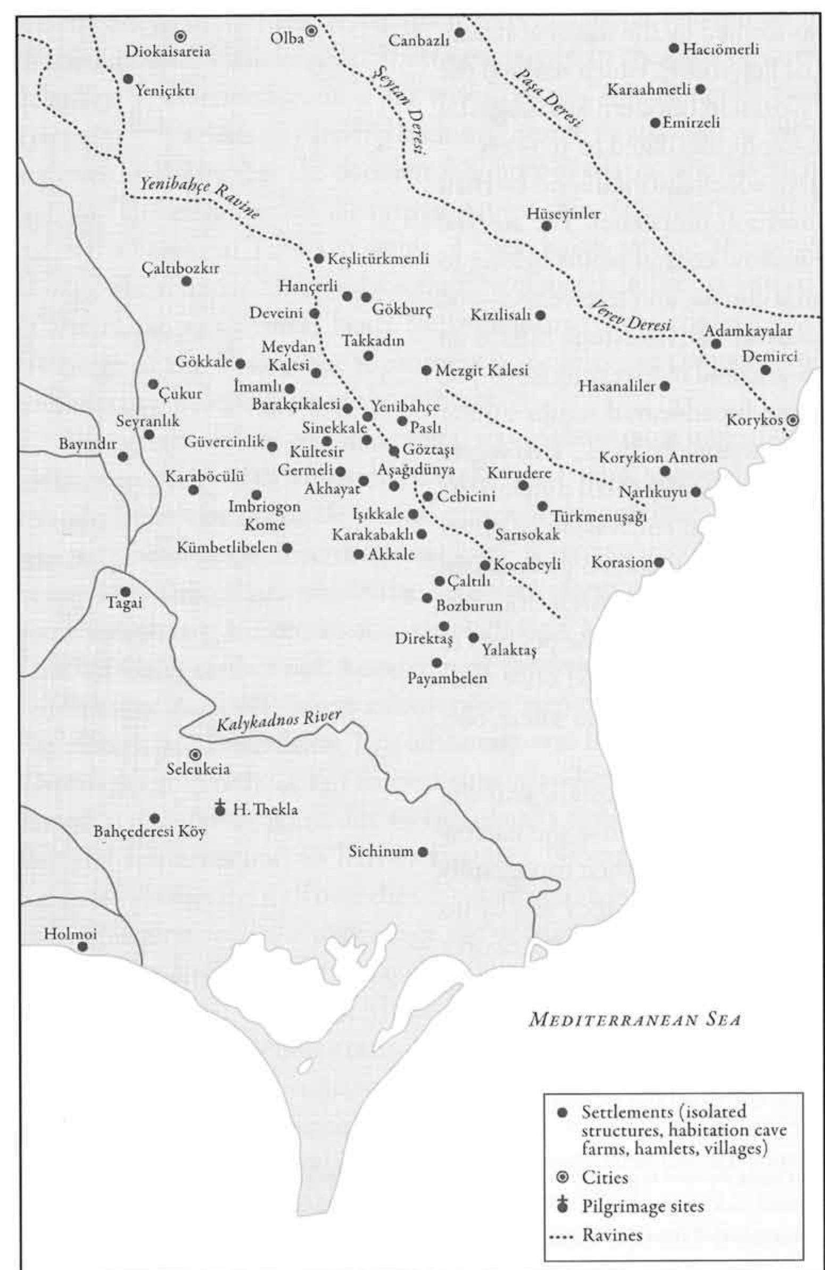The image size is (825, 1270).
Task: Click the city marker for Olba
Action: pos(311,31)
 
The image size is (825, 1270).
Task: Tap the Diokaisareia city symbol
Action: pos(180,36)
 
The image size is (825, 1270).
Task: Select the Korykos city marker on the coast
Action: pos(794,420)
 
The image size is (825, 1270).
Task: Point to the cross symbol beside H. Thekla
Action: pos(219,807)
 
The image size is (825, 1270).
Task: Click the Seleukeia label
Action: pos(198,769)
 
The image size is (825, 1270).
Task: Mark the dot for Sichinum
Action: pos(423,852)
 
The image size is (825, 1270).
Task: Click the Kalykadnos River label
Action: pos(278,722)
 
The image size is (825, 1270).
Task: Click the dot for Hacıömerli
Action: pos(674,48)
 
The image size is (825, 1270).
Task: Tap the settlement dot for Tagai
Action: pos(126,592)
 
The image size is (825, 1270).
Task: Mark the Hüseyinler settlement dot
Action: pos(546,226)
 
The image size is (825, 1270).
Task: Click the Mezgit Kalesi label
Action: pos(482,370)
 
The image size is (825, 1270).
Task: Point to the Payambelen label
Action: pos(448,678)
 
